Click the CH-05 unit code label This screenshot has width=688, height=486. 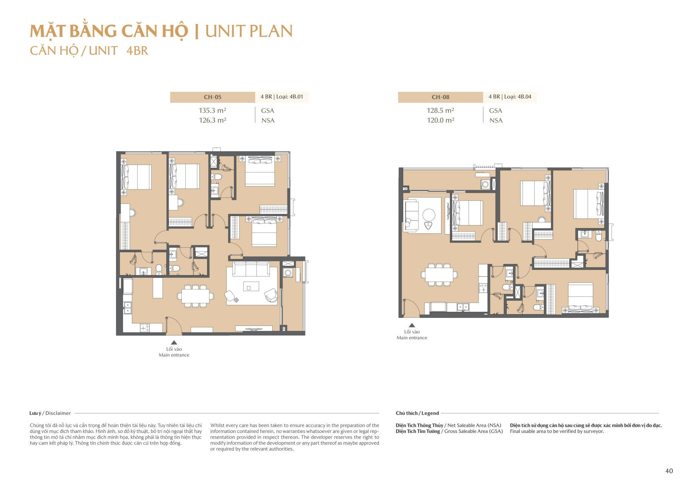pos(213,97)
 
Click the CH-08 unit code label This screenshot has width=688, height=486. pos(440,97)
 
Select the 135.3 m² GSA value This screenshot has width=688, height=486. pos(212,110)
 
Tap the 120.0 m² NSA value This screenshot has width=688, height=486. pos(440,120)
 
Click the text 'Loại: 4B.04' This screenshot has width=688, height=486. pos(518,97)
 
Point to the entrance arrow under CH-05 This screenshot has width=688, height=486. pos(174,342)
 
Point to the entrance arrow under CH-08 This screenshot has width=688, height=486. pos(412,325)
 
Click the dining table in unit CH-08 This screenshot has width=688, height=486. pos(439,274)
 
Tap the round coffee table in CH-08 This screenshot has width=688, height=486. pos(429,215)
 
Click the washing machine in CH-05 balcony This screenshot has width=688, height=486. pos(288,273)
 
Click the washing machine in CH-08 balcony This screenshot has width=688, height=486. pos(485,185)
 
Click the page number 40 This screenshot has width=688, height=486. pos(669,471)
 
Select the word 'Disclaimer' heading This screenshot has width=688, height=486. pos(58,413)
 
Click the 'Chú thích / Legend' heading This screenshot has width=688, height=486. pos(417,413)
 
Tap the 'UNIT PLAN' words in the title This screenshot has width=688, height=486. pos(249,31)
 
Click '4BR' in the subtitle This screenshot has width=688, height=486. pos(137,51)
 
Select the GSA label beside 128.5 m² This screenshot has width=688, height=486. pos(495,110)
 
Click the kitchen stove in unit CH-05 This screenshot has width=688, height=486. pos(144,327)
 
